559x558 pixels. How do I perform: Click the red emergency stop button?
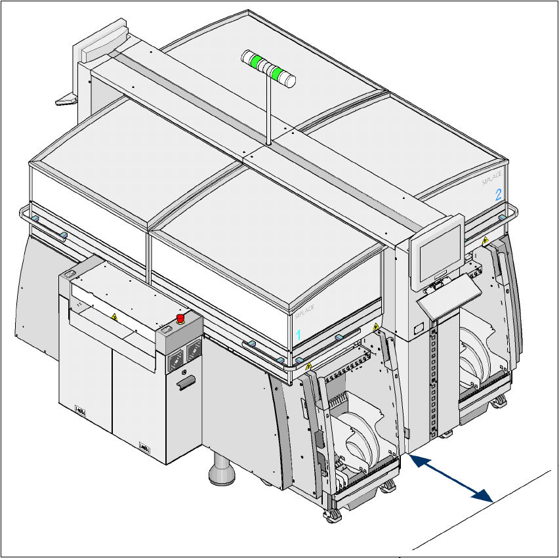pyautogui.click(x=180, y=319)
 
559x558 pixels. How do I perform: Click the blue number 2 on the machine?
pyautogui.click(x=498, y=194)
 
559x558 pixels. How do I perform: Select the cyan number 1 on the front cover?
pyautogui.click(x=298, y=334)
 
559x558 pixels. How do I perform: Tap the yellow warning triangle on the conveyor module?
pyautogui.click(x=114, y=318)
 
